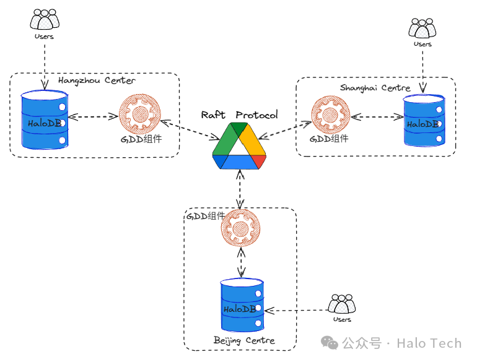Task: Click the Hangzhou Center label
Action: [97, 80]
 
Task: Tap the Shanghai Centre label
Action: [375, 88]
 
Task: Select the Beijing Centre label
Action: [243, 340]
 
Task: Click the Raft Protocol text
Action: [239, 115]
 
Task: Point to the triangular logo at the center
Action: [239, 146]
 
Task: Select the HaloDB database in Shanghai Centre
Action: [424, 121]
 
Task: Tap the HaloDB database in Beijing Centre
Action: [242, 306]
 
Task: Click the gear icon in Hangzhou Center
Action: [139, 114]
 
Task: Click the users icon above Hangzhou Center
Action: [44, 21]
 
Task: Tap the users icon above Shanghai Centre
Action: [422, 28]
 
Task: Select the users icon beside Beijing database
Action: [342, 304]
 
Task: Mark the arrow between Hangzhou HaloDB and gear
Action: [93, 116]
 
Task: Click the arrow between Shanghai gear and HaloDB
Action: [375, 116]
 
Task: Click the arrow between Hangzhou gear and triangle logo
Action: [186, 130]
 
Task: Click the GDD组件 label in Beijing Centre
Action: [206, 216]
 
